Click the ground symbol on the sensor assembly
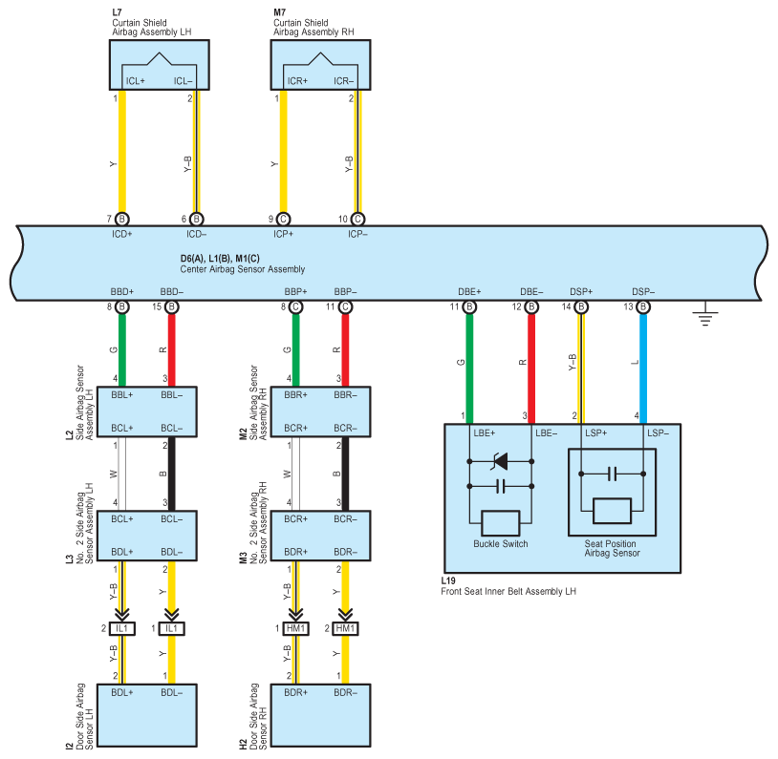coord(705,313)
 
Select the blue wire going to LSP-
coord(643,369)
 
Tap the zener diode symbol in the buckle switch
coord(500,461)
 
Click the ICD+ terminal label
coord(122,234)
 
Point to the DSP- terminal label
coord(643,291)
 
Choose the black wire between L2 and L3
coord(172,474)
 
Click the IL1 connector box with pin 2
coord(122,628)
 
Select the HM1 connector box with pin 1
coord(295,628)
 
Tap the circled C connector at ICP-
coord(357,219)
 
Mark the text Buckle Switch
coord(501,544)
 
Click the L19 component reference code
coord(448,580)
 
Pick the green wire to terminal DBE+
coord(469,369)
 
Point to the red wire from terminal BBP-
coord(345,350)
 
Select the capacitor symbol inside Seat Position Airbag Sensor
coord(613,474)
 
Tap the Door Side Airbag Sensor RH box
coord(320,715)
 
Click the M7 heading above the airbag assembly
coord(279,11)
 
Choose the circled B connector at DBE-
coord(531,306)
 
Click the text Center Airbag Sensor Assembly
coord(242,269)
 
